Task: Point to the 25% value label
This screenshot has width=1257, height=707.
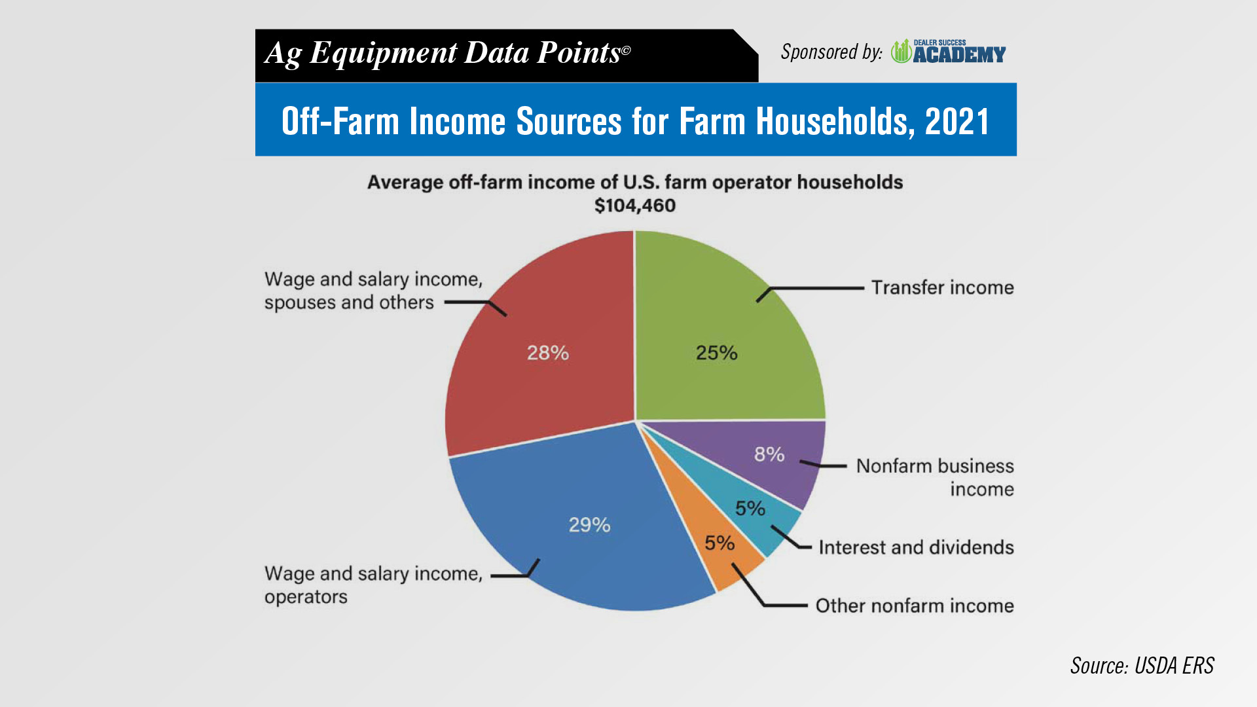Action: pyautogui.click(x=716, y=353)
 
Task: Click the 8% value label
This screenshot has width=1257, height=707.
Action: pyautogui.click(x=769, y=454)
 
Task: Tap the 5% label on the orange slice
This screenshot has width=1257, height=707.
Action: pyautogui.click(x=720, y=543)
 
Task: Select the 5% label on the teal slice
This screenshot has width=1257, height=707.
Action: pyautogui.click(x=750, y=508)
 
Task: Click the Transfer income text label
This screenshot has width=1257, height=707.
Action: pyautogui.click(x=942, y=287)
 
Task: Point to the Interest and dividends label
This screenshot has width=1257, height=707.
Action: pyautogui.click(x=916, y=547)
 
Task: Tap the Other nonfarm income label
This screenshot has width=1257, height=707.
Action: pyautogui.click(x=915, y=606)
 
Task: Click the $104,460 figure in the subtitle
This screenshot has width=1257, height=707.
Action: pyautogui.click(x=635, y=206)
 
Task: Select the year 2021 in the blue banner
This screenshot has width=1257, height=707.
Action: pyautogui.click(x=957, y=121)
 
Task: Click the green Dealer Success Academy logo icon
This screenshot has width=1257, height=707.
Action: pyautogui.click(x=902, y=51)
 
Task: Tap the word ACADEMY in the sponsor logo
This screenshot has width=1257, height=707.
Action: pyautogui.click(x=960, y=55)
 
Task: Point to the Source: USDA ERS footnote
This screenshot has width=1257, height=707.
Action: pyautogui.click(x=1142, y=666)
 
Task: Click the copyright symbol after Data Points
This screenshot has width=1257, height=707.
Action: pyautogui.click(x=626, y=50)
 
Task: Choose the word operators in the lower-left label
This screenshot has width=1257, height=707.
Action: pyautogui.click(x=306, y=597)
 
